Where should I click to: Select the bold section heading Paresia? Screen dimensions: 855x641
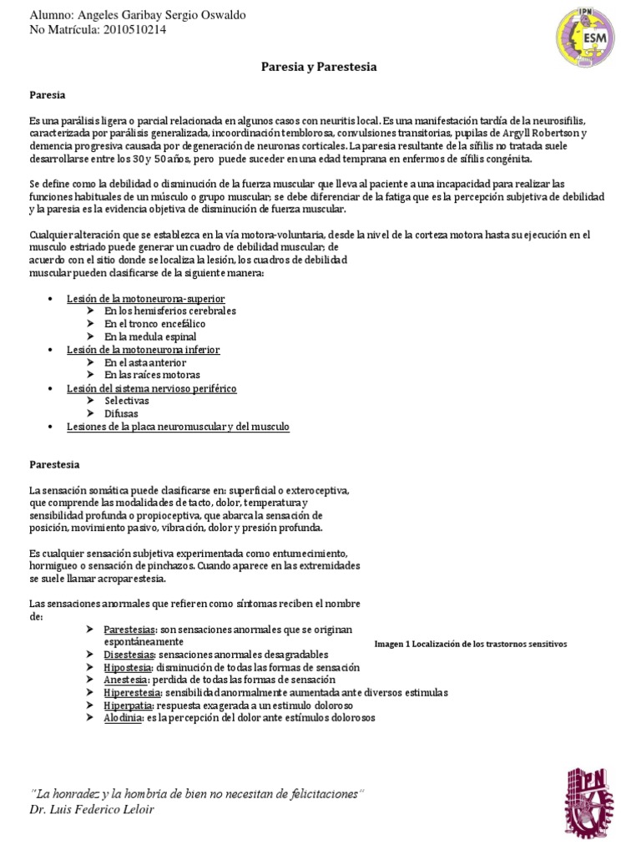click(47, 96)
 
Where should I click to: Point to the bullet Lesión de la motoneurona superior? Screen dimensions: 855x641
click(146, 298)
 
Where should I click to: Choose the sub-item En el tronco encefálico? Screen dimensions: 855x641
click(154, 324)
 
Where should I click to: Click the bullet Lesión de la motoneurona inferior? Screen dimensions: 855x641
click(144, 350)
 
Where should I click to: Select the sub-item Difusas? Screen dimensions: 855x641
click(122, 413)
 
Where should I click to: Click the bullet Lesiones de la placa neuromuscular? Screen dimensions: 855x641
click(178, 427)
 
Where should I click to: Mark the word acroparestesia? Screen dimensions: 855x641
click(129, 578)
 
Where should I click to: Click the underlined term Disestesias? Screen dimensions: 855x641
click(129, 655)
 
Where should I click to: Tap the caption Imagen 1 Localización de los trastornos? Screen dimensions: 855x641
click(471, 645)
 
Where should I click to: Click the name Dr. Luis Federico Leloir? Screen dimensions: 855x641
click(92, 810)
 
